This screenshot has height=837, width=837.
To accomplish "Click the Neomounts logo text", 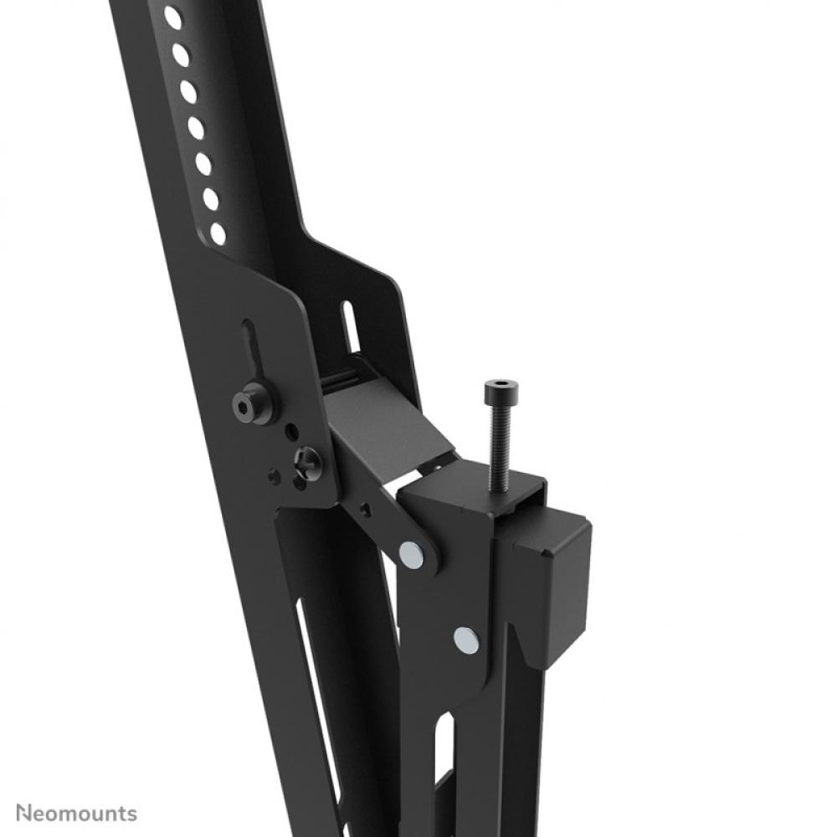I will coord(76,813).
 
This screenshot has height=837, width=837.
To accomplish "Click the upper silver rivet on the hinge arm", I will coord(411,552).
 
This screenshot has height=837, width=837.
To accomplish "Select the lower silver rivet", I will coord(466,639).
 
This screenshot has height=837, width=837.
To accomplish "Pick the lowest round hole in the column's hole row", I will coord(218,234).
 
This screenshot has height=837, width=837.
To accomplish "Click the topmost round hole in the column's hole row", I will coord(172,18).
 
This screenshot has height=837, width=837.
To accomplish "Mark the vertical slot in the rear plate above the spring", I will coord(350,326).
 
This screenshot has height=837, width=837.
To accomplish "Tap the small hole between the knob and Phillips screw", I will coord(290,433).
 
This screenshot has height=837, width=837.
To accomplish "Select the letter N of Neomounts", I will coord(24,813).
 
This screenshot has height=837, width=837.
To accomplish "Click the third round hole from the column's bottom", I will coord(203,164).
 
